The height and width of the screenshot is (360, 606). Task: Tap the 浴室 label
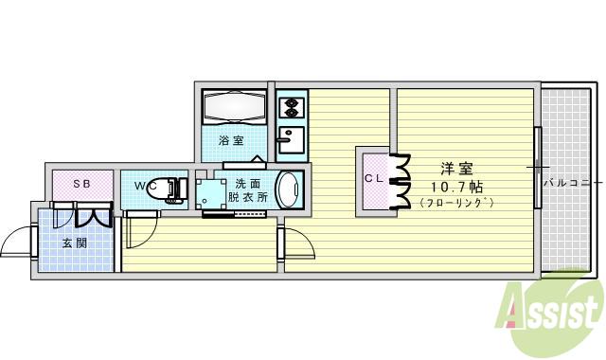pos(231,141)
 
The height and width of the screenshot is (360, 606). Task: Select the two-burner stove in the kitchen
pos(291,105)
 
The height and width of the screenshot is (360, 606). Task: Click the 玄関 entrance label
pos(75,243)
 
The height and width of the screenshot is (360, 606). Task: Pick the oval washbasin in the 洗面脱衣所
pos(290,189)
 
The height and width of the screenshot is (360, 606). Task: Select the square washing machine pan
pos(208,192)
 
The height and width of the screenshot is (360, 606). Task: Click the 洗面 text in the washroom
pos(248,183)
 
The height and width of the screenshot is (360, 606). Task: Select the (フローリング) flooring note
pos(456,203)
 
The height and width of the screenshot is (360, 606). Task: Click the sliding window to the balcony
pos(537,168)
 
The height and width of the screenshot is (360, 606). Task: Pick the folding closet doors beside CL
pos(399,181)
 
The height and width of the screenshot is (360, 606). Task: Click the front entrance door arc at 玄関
pos(16,244)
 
